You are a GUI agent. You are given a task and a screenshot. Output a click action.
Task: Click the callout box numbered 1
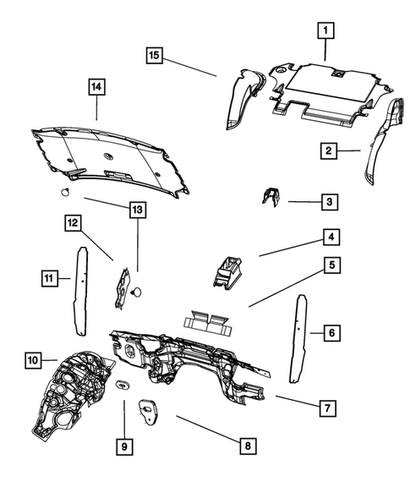(325, 30)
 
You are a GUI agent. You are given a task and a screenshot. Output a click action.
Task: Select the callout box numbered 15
(154, 55)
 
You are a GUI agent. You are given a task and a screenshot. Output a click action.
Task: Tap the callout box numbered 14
(96, 87)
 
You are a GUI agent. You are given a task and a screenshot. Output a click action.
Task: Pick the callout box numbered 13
(138, 210)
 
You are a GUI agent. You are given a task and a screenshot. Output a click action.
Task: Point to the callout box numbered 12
(73, 223)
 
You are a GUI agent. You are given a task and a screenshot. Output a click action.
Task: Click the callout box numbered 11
(49, 278)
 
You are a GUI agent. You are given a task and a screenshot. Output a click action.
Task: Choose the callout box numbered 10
(33, 360)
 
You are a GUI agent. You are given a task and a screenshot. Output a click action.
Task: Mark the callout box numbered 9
(124, 446)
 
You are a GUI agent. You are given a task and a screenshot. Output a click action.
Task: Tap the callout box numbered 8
(248, 446)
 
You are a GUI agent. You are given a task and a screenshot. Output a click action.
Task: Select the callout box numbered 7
(327, 408)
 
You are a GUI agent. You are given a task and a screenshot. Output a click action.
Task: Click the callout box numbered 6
(332, 333)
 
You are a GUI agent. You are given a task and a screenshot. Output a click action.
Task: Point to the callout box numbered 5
(332, 265)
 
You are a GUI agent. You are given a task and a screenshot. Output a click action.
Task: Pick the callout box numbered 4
(331, 237)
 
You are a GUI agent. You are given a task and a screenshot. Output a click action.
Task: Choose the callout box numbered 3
(330, 202)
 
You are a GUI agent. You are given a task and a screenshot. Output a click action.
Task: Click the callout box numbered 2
(328, 150)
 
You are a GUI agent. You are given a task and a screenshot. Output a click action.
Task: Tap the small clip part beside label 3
(271, 197)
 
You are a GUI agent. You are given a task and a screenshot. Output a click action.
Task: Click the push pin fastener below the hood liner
(65, 192)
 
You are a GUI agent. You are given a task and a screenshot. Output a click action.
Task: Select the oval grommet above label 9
(123, 385)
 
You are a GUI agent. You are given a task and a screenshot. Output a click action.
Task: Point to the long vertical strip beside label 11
(80, 292)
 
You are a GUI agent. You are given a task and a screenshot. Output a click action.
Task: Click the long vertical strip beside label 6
(298, 338)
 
